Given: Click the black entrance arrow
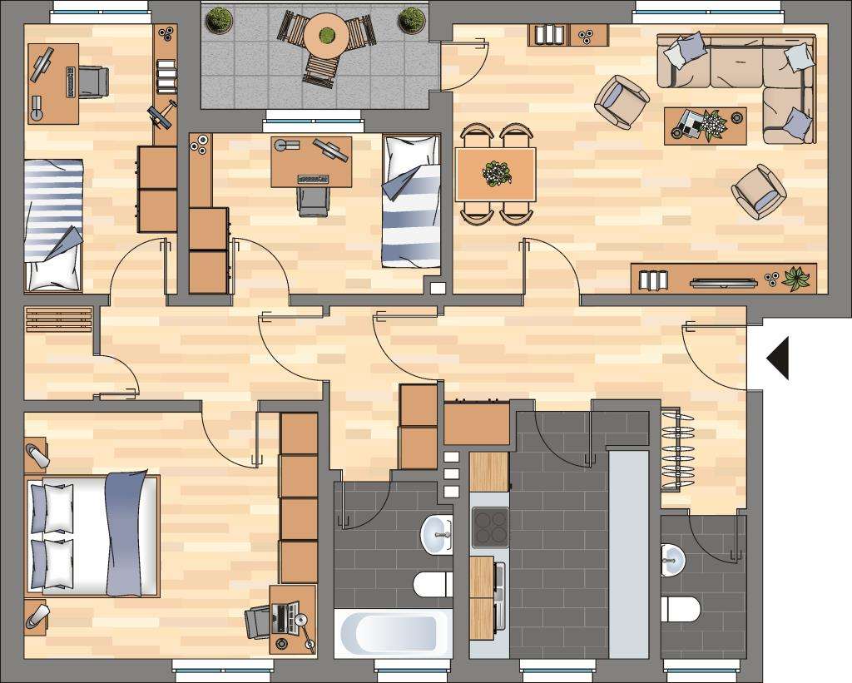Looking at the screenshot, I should [x=779, y=358].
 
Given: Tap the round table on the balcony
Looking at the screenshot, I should [x=326, y=36].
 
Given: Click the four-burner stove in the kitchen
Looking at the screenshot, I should [x=489, y=527].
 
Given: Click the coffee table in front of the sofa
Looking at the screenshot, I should [x=705, y=126].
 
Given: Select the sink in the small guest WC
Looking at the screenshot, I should [x=671, y=559].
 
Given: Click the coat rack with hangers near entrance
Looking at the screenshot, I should [x=676, y=450].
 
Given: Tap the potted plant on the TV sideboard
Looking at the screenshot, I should [x=795, y=278].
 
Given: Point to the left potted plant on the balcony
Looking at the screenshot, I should [x=220, y=20].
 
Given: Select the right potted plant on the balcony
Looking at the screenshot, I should [x=411, y=20].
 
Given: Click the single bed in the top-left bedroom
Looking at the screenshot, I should [x=54, y=225].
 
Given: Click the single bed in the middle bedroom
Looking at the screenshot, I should [x=411, y=201].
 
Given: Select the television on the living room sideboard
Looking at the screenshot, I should [x=724, y=283].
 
